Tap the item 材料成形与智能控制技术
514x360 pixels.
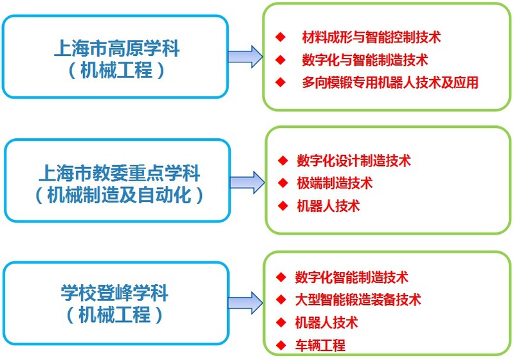[371, 37]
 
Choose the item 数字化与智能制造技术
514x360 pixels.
[365, 60]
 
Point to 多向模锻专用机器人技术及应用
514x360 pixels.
[390, 83]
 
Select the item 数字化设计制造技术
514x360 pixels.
[354, 160]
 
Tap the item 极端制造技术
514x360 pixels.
[335, 183]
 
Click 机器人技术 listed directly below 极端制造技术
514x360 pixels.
[328, 206]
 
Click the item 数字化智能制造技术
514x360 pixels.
[351, 277]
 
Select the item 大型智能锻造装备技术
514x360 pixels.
[358, 300]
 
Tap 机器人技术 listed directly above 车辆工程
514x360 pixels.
[326, 322]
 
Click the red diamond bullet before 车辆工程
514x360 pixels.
[280, 345]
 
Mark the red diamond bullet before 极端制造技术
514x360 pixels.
[283, 183]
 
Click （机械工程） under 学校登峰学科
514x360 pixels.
[116, 316]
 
